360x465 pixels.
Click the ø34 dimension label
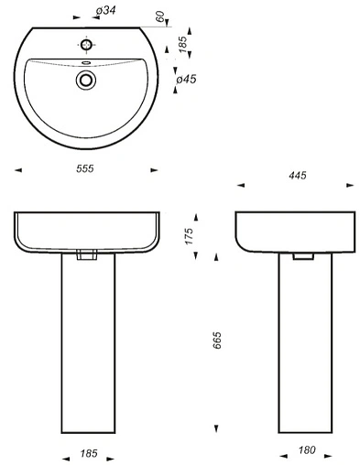click(x=105, y=11)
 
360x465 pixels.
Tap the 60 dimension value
click(x=160, y=16)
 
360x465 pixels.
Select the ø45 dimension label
click(x=186, y=80)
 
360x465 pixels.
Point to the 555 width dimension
click(x=85, y=168)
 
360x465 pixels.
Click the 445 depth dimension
click(x=297, y=176)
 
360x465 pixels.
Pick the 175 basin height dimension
click(x=190, y=236)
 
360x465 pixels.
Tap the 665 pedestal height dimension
click(x=216, y=340)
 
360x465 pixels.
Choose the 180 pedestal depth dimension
click(x=307, y=449)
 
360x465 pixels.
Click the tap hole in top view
click(x=86, y=45)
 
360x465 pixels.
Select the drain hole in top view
click(x=86, y=80)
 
